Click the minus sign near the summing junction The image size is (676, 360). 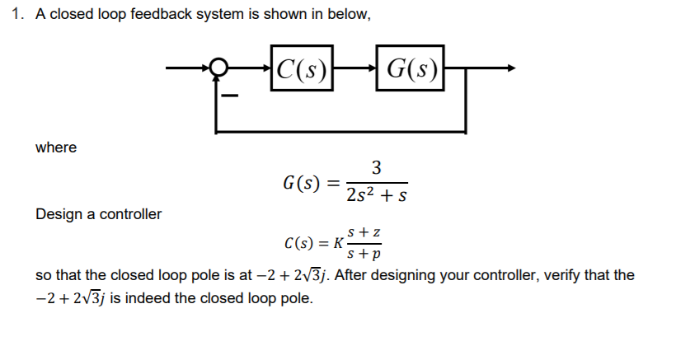(232, 98)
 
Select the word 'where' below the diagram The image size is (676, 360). (56, 147)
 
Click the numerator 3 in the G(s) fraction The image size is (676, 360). (376, 168)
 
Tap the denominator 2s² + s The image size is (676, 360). (376, 197)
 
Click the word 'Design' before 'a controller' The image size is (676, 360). (57, 214)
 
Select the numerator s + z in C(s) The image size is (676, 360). (364, 234)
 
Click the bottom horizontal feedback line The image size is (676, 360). (342, 130)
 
